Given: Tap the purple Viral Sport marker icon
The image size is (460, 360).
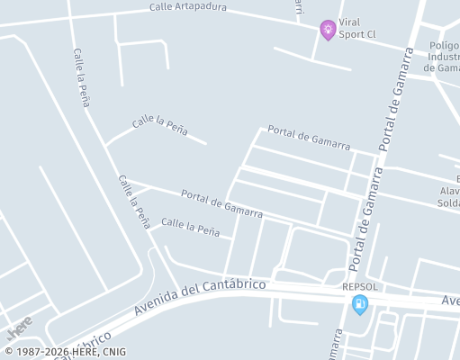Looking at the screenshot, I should click(329, 30).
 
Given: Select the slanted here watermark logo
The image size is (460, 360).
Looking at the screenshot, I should click(19, 323).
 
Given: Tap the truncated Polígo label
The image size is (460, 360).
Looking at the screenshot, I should click(444, 45).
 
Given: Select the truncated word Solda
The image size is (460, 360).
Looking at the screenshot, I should click(447, 202).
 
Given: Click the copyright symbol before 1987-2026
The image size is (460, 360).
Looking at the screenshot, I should click(8, 352).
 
